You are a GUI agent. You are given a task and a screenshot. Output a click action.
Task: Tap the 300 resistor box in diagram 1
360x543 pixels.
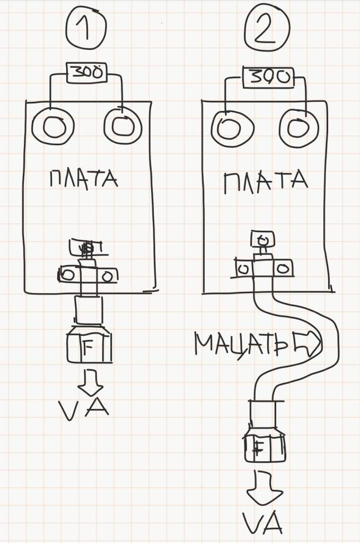[86, 73]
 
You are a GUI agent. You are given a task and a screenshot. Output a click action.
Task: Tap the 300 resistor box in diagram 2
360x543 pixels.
[267, 78]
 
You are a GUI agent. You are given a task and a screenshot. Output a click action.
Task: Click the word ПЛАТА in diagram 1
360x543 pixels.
[83, 179]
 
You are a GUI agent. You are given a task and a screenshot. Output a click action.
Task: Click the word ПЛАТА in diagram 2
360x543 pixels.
[266, 183]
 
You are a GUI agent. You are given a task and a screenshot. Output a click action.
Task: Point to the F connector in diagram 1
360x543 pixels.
[89, 347]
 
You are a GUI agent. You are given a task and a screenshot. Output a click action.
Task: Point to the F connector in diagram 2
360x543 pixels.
[265, 449]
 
